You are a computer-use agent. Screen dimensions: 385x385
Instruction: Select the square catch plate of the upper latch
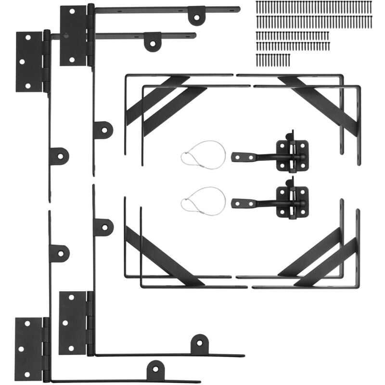point(292,155)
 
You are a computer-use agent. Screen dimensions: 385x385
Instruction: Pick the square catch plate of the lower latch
point(292,202)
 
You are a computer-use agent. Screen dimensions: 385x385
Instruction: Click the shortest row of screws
point(273,59)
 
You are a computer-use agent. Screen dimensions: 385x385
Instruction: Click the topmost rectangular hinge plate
point(73,36)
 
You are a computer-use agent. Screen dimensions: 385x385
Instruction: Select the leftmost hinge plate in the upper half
point(29,62)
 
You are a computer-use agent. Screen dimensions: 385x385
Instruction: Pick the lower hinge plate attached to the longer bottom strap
point(73,322)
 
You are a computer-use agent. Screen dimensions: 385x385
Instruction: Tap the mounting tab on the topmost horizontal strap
point(196,15)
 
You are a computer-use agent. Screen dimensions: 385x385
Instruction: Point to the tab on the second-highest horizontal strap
point(153,41)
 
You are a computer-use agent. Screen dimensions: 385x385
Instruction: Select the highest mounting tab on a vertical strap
point(103,130)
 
